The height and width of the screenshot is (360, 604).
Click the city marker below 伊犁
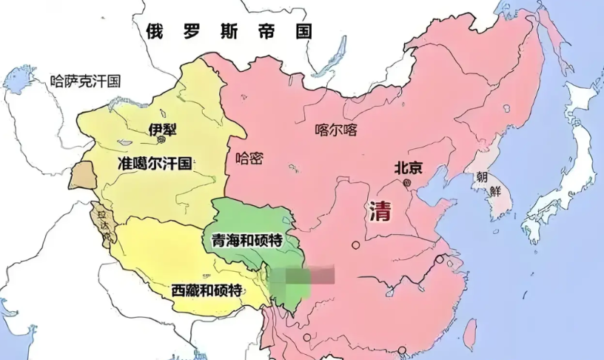(162, 140)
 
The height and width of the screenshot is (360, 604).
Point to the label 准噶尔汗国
(155, 164)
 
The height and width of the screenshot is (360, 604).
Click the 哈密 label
(249, 158)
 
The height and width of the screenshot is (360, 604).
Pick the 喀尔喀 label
(336, 130)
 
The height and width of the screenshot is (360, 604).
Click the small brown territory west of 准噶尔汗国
(83, 175)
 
